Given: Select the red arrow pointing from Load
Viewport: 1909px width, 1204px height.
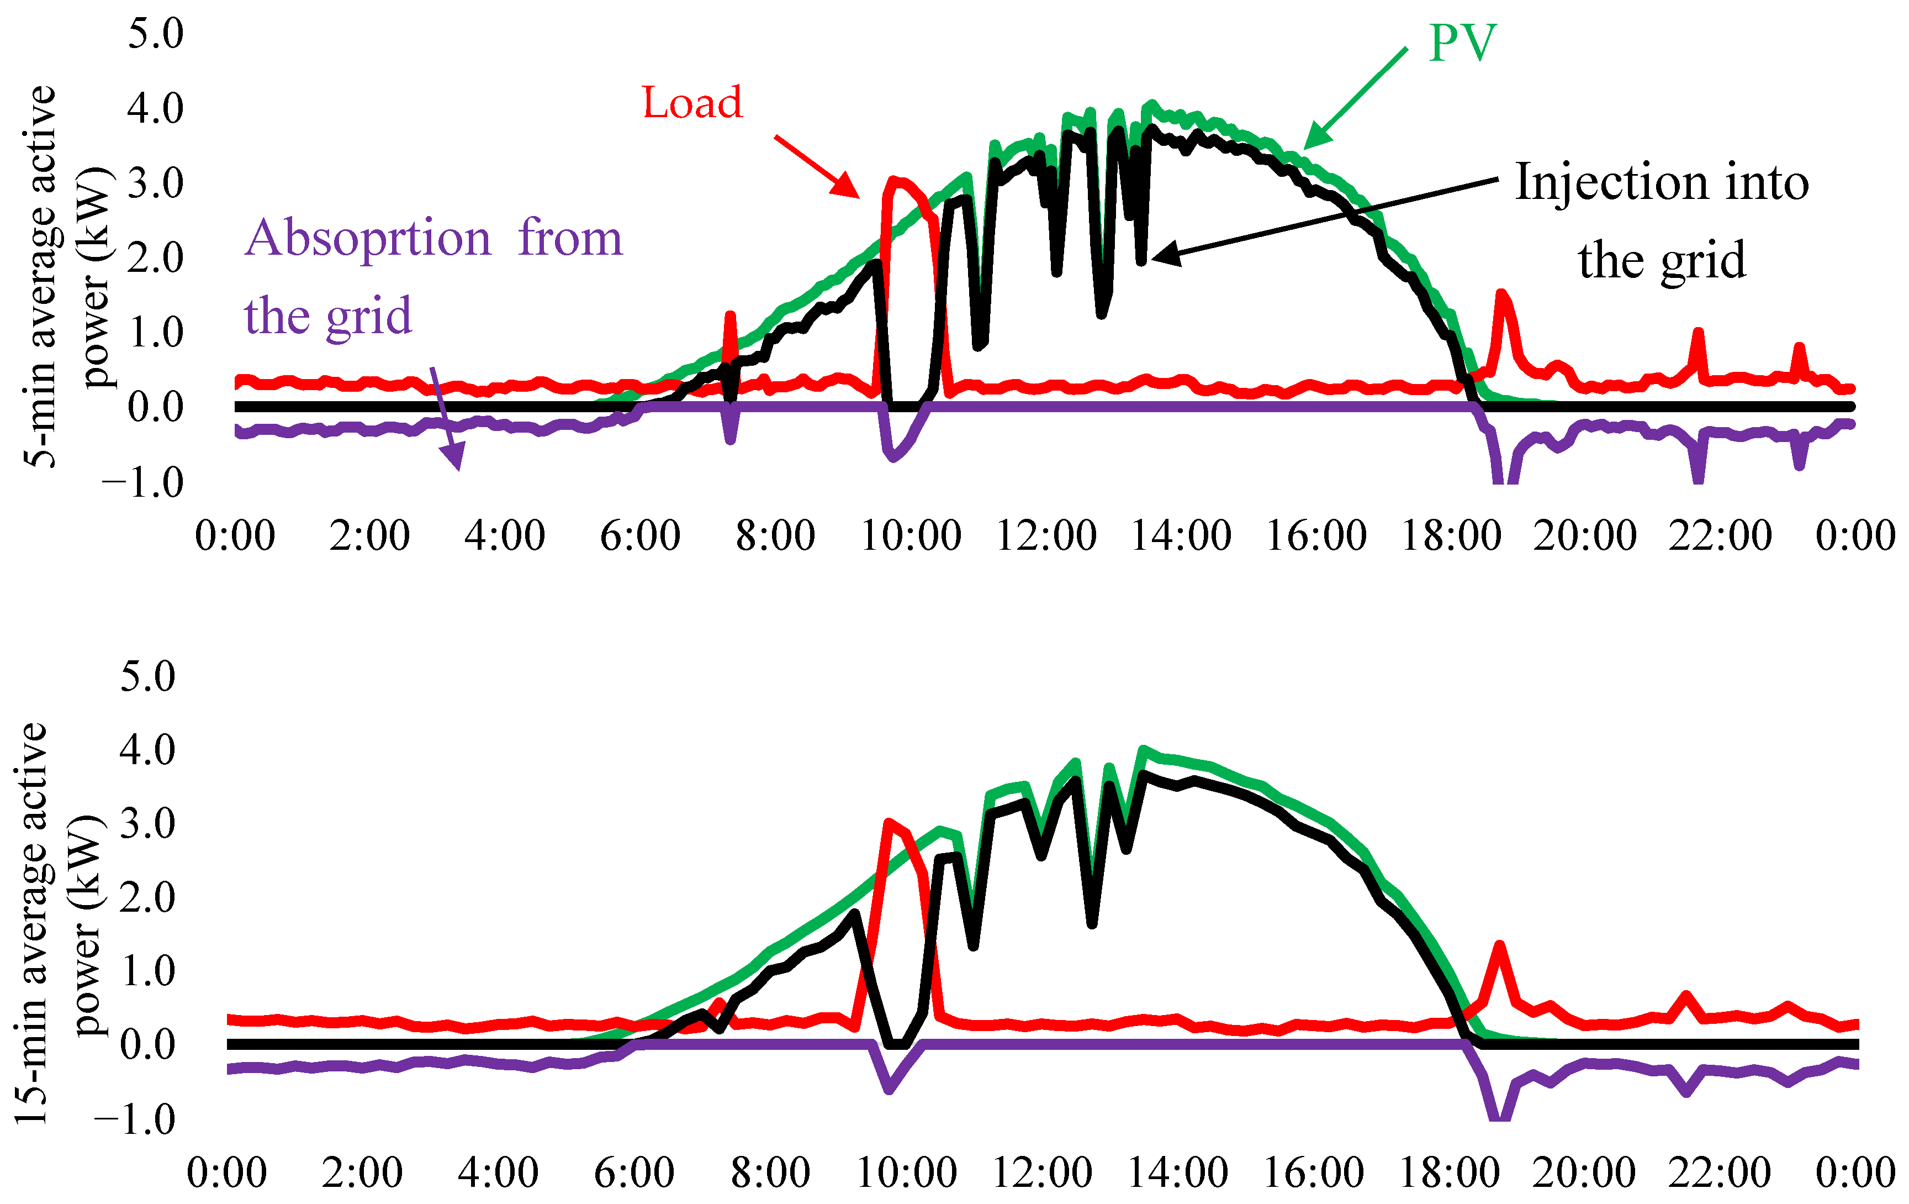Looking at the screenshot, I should [817, 166].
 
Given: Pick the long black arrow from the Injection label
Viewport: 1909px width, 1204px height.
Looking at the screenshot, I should [1324, 218].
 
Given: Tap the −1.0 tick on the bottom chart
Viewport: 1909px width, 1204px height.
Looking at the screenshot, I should [135, 1119].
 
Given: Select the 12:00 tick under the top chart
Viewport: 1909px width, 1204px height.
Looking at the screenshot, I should [1046, 535].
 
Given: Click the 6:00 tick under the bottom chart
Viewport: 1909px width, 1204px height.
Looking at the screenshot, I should [634, 1173].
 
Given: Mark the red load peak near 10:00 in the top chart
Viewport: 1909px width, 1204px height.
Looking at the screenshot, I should [896, 181].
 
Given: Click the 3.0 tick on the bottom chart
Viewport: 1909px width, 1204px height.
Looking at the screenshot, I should [147, 823].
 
